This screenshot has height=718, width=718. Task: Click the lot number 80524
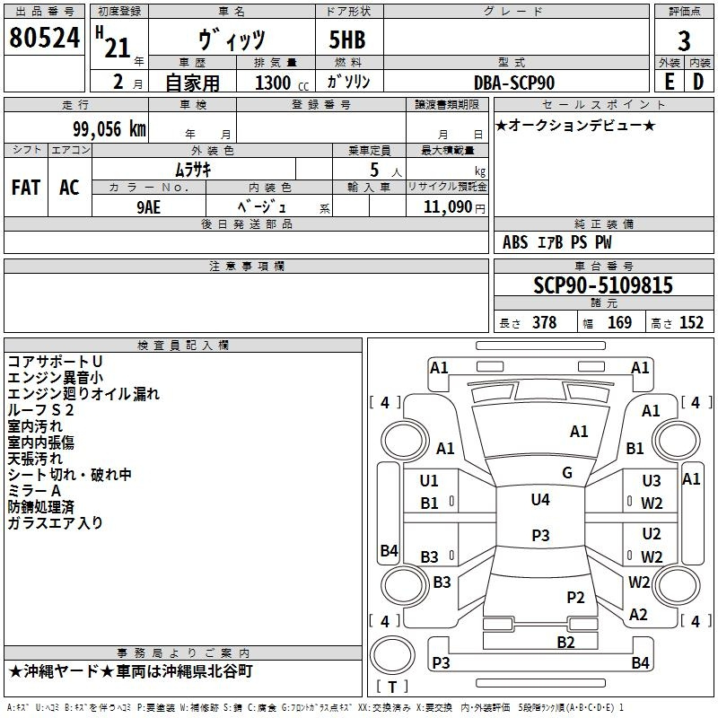click(x=44, y=39)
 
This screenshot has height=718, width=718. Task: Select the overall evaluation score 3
click(x=684, y=40)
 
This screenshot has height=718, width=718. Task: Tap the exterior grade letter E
click(x=669, y=82)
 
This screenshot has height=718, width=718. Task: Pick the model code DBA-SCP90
click(x=514, y=83)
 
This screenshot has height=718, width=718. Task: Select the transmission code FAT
click(x=26, y=188)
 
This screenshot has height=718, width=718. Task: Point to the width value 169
click(x=620, y=323)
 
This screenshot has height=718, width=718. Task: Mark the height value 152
click(x=691, y=323)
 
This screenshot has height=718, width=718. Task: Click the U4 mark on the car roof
click(x=540, y=500)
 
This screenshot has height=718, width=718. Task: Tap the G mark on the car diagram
click(x=567, y=473)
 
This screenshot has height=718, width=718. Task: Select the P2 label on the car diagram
click(x=575, y=597)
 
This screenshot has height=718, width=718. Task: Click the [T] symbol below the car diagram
click(x=393, y=687)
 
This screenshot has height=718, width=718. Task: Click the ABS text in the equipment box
click(x=515, y=242)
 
